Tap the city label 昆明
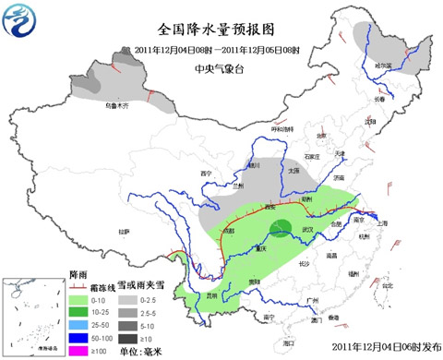tap(213, 295)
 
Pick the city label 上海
tap(381, 223)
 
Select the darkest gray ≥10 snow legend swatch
tap(130, 338)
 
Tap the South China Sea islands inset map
tap(33, 316)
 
